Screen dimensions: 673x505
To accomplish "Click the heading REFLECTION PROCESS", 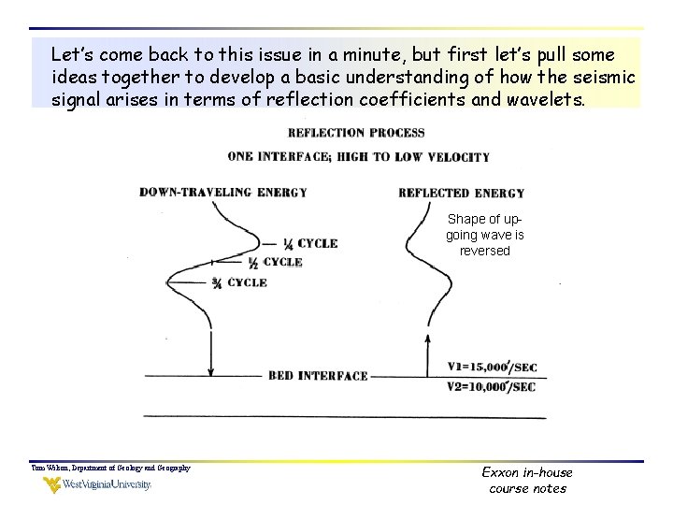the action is [356, 133].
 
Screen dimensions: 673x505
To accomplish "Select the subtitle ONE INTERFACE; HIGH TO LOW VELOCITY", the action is [358, 156].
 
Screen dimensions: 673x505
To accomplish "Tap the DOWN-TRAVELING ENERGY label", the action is [223, 193].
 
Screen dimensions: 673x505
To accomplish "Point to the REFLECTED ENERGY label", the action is [461, 193].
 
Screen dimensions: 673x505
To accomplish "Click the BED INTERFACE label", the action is [318, 376].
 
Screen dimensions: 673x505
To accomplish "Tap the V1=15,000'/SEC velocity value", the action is [492, 368].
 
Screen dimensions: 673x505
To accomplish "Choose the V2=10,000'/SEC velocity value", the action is [492, 386].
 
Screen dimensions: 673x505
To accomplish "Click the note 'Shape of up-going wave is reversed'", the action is [484, 235].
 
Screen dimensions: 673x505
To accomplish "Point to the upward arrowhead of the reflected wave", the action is [428, 340].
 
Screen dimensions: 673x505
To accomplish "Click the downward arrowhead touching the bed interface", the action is [211, 370].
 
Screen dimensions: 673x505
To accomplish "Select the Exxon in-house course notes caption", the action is [527, 481].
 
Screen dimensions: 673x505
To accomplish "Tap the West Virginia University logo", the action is [96, 484].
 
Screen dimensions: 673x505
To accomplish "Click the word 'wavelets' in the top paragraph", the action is [542, 100].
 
